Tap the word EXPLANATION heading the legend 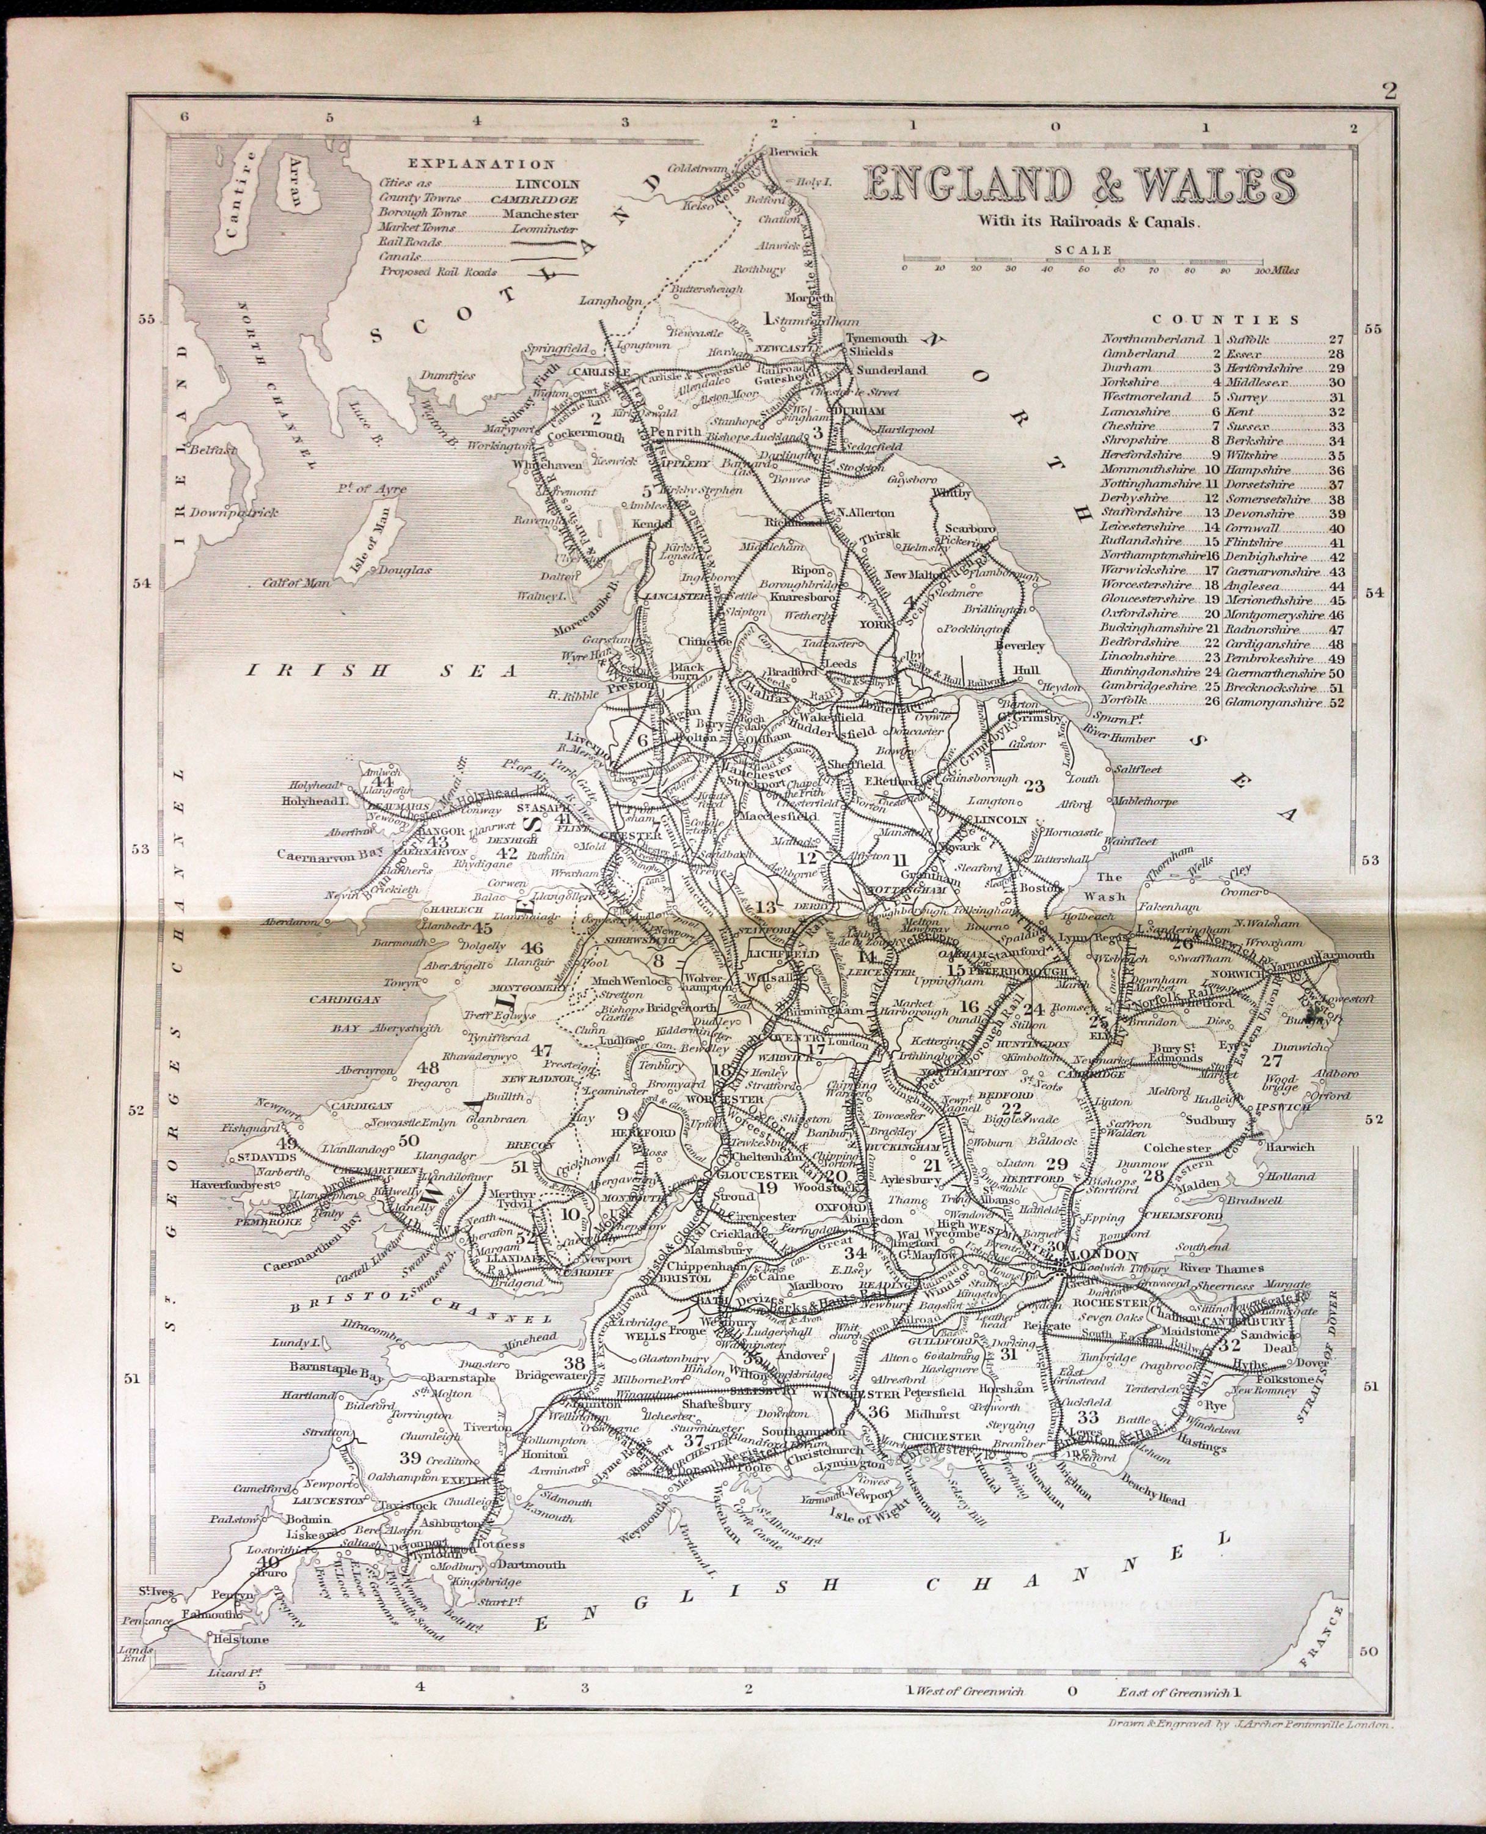coord(481,164)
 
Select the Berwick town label coord(794,152)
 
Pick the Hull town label coord(1027,671)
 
